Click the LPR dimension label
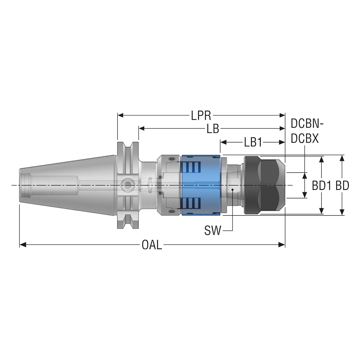coord(201,116)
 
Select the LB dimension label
coord(213,129)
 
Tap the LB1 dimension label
coord(253,142)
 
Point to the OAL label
coord(152,245)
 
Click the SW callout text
coord(213,230)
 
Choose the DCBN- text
coord(307,124)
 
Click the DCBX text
coord(305,139)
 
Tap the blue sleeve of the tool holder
coord(201,185)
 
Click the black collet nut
coord(265,185)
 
